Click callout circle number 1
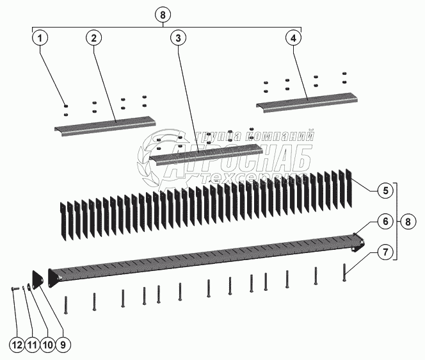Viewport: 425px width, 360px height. point(40,38)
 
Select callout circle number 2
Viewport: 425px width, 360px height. point(93,38)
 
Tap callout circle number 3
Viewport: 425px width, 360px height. point(178,38)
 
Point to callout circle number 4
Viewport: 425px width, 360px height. point(294,38)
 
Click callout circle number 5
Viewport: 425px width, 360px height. point(385,191)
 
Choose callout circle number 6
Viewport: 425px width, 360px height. point(385,222)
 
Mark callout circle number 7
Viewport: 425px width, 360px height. point(385,252)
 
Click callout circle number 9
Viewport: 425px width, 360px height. point(63,345)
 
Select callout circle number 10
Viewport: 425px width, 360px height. point(47,345)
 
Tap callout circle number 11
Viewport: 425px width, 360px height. point(32,345)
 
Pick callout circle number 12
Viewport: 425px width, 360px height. point(17,345)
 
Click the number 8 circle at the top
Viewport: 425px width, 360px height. point(163,15)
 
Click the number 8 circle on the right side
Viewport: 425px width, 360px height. point(408,222)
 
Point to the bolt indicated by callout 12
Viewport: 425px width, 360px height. point(16,289)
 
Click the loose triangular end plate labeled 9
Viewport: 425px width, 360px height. point(37,278)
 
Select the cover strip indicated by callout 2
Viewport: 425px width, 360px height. point(105,126)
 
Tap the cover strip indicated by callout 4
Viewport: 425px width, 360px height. point(307,102)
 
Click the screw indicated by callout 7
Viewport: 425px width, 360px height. point(344,272)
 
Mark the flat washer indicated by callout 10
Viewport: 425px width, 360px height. point(29,286)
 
